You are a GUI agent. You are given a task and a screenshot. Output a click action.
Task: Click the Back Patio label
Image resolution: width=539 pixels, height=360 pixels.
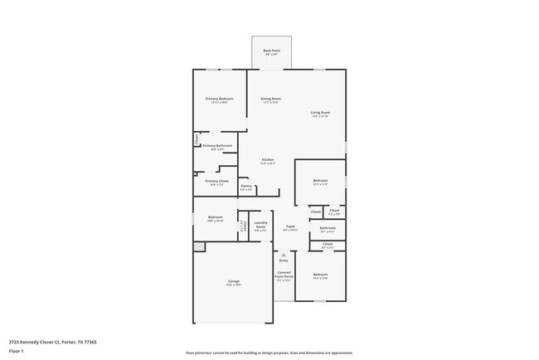pyautogui.click(x=271, y=51)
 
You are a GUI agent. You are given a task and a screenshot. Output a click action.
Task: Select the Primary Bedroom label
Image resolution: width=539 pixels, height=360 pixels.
pyautogui.click(x=219, y=99)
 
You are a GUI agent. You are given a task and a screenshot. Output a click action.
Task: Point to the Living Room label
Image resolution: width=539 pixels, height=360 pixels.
pyautogui.click(x=320, y=112)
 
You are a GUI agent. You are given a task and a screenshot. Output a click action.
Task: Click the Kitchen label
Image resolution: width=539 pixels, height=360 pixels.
pyautogui.click(x=268, y=159)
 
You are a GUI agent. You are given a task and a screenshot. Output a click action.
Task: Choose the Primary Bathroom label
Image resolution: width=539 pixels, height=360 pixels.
pyautogui.click(x=217, y=145)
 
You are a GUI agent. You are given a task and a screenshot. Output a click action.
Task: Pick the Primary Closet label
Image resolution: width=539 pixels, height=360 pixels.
pyautogui.click(x=216, y=181)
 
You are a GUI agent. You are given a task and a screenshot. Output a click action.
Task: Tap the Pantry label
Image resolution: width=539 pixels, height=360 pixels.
pyautogui.click(x=246, y=186)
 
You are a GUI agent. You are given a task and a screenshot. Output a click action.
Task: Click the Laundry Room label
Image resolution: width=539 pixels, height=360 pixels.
pyautogui.click(x=260, y=223)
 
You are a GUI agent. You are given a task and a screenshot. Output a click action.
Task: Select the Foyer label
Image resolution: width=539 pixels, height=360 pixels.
pyautogui.click(x=290, y=226)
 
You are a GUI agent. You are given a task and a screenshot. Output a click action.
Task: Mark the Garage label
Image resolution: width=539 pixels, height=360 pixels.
pyautogui.click(x=234, y=281)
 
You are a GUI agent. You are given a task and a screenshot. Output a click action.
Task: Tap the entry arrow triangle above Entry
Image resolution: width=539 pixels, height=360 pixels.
pyautogui.click(x=284, y=255)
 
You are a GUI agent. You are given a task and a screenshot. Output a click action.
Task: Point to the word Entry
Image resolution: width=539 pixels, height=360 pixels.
pyautogui.click(x=284, y=260)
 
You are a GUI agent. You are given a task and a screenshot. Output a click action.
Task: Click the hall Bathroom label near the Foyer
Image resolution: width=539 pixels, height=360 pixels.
pyautogui.click(x=328, y=227)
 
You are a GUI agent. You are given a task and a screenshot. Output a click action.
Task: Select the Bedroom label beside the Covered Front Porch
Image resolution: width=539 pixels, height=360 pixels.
pyautogui.click(x=320, y=275)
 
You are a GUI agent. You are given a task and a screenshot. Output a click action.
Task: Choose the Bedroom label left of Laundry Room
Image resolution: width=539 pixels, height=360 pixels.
pyautogui.click(x=215, y=217)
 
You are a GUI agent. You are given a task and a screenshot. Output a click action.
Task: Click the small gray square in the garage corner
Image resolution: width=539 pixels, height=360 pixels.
pyautogui.click(x=199, y=246)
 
